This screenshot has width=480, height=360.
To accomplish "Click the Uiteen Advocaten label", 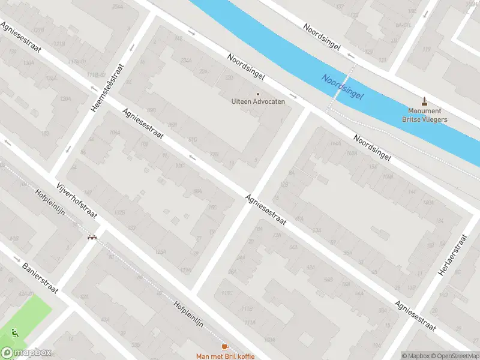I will click(x=258, y=101).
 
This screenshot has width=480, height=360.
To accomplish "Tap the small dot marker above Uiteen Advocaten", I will click(x=258, y=94).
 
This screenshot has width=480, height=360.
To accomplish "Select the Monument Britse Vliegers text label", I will click(x=424, y=115).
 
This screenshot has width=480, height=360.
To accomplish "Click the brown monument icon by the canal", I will click(x=425, y=101).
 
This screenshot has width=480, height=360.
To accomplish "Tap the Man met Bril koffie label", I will click(x=225, y=356).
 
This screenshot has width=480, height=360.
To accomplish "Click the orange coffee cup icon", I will click(x=225, y=347).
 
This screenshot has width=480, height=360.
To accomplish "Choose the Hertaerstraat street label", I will click(x=452, y=254).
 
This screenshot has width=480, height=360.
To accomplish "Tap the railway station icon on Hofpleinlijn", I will click(x=91, y=236).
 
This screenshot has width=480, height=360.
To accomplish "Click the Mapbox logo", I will click(x=26, y=353).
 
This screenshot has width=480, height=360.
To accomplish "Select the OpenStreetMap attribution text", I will click(x=452, y=356).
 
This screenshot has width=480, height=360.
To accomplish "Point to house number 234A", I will click(x=186, y=60).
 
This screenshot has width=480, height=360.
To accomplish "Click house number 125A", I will click(x=160, y=251).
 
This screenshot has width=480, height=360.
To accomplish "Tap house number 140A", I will click(x=428, y=203).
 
